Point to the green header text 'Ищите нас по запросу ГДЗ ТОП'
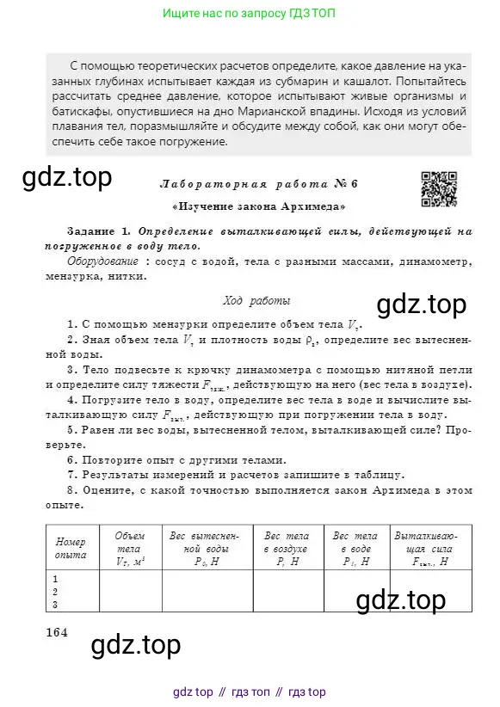(x=250, y=14)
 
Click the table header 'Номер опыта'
(x=71, y=549)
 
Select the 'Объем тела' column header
(x=130, y=549)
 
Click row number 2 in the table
(x=56, y=592)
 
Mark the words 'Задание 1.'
(x=99, y=231)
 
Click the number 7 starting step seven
(x=70, y=475)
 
